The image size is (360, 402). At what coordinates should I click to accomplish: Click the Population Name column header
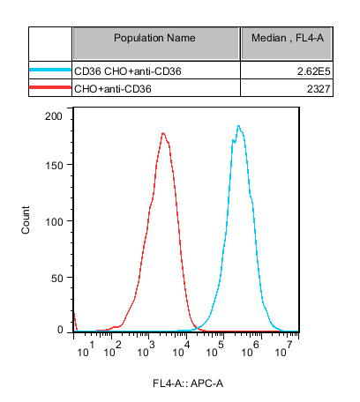pos(154,38)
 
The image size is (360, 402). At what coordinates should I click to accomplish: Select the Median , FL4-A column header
pos(288,38)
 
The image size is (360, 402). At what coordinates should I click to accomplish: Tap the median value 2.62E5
pos(313,71)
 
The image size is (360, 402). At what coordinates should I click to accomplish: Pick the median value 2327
pos(319,89)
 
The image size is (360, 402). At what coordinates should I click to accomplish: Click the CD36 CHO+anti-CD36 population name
pos(128,71)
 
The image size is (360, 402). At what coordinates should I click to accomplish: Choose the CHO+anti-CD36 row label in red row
pos(113,89)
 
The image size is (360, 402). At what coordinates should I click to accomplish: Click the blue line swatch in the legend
pos(50,70)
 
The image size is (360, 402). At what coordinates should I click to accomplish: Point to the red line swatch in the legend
pos(50,87)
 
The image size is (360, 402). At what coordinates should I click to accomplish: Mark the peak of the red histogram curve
pos(163,133)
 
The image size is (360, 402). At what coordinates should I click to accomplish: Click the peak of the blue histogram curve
pos(239,126)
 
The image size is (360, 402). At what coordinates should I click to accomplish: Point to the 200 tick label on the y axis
pos(54,116)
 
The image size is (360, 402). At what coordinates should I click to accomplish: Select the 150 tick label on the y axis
pos(54,166)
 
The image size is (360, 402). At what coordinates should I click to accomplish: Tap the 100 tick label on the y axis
pos(54,222)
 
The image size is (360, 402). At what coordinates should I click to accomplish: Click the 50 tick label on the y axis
pos(57,279)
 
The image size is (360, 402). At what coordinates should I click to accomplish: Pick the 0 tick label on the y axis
pos(60,331)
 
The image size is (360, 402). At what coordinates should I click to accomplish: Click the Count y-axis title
pos(26,220)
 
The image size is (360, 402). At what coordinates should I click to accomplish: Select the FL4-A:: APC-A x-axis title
pos(188,383)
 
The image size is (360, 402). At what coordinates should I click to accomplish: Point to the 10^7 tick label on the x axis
pos(283,349)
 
